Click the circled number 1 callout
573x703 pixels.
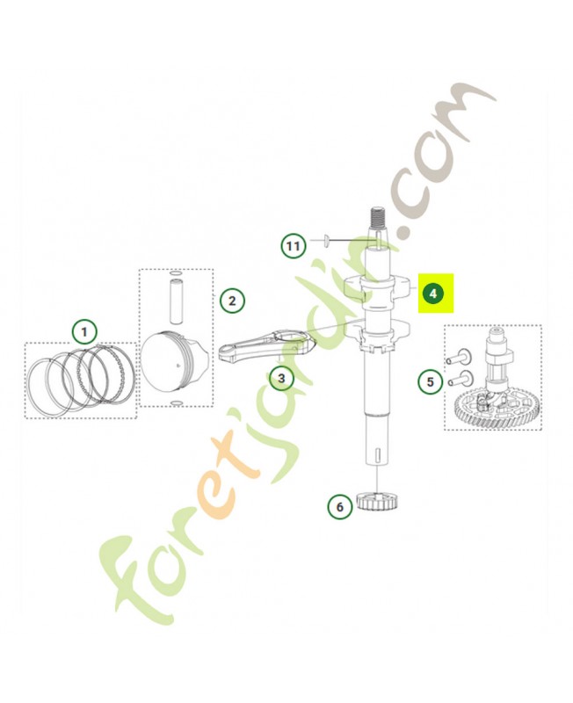coord(84,332)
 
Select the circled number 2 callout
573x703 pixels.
coord(232,301)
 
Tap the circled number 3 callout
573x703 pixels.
coord(281,378)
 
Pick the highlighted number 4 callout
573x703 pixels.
coord(432,294)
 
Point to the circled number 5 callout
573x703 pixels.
coord(431,382)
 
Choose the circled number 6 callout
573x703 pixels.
coord(339,507)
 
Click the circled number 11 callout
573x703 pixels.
coord(294,246)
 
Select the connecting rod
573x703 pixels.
coord(268,344)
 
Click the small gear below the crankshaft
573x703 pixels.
coord(379,502)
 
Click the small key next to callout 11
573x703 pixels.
coord(327,240)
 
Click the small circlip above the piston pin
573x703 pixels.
coord(176,272)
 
